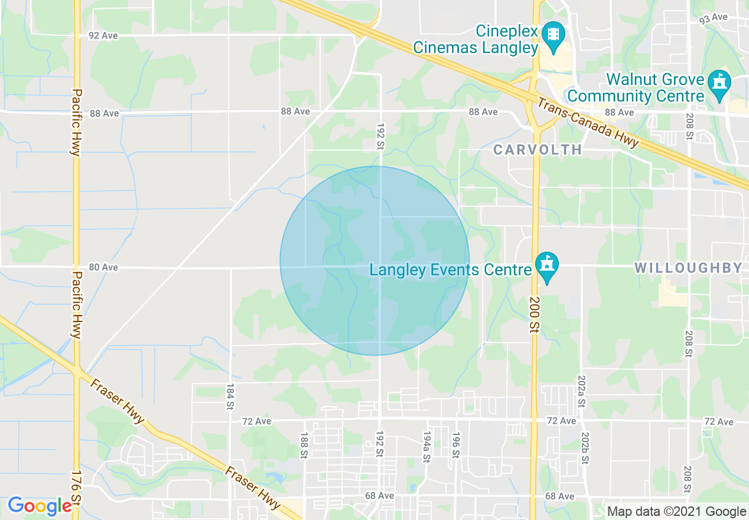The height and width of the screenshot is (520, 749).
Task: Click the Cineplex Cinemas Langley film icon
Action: coord(554,32)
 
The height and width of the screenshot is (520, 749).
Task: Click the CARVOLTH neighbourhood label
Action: coord(538,149)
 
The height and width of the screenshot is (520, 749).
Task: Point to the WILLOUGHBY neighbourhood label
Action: coord(688,268)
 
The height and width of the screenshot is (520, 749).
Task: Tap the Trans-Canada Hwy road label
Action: coord(588,123)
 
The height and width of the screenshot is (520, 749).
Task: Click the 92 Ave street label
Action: coord(103,35)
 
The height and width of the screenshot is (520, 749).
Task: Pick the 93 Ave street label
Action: coord(714,18)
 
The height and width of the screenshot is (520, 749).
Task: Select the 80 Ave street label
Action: coord(103,267)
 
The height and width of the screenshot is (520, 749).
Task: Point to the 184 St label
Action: coord(230,397)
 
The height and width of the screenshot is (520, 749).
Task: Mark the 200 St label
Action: coord(534,320)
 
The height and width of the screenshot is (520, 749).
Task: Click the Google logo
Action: coord(40,506)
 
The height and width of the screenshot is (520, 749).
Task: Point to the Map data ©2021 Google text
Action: coord(677,512)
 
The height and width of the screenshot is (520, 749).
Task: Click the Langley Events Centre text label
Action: coord(451,270)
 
